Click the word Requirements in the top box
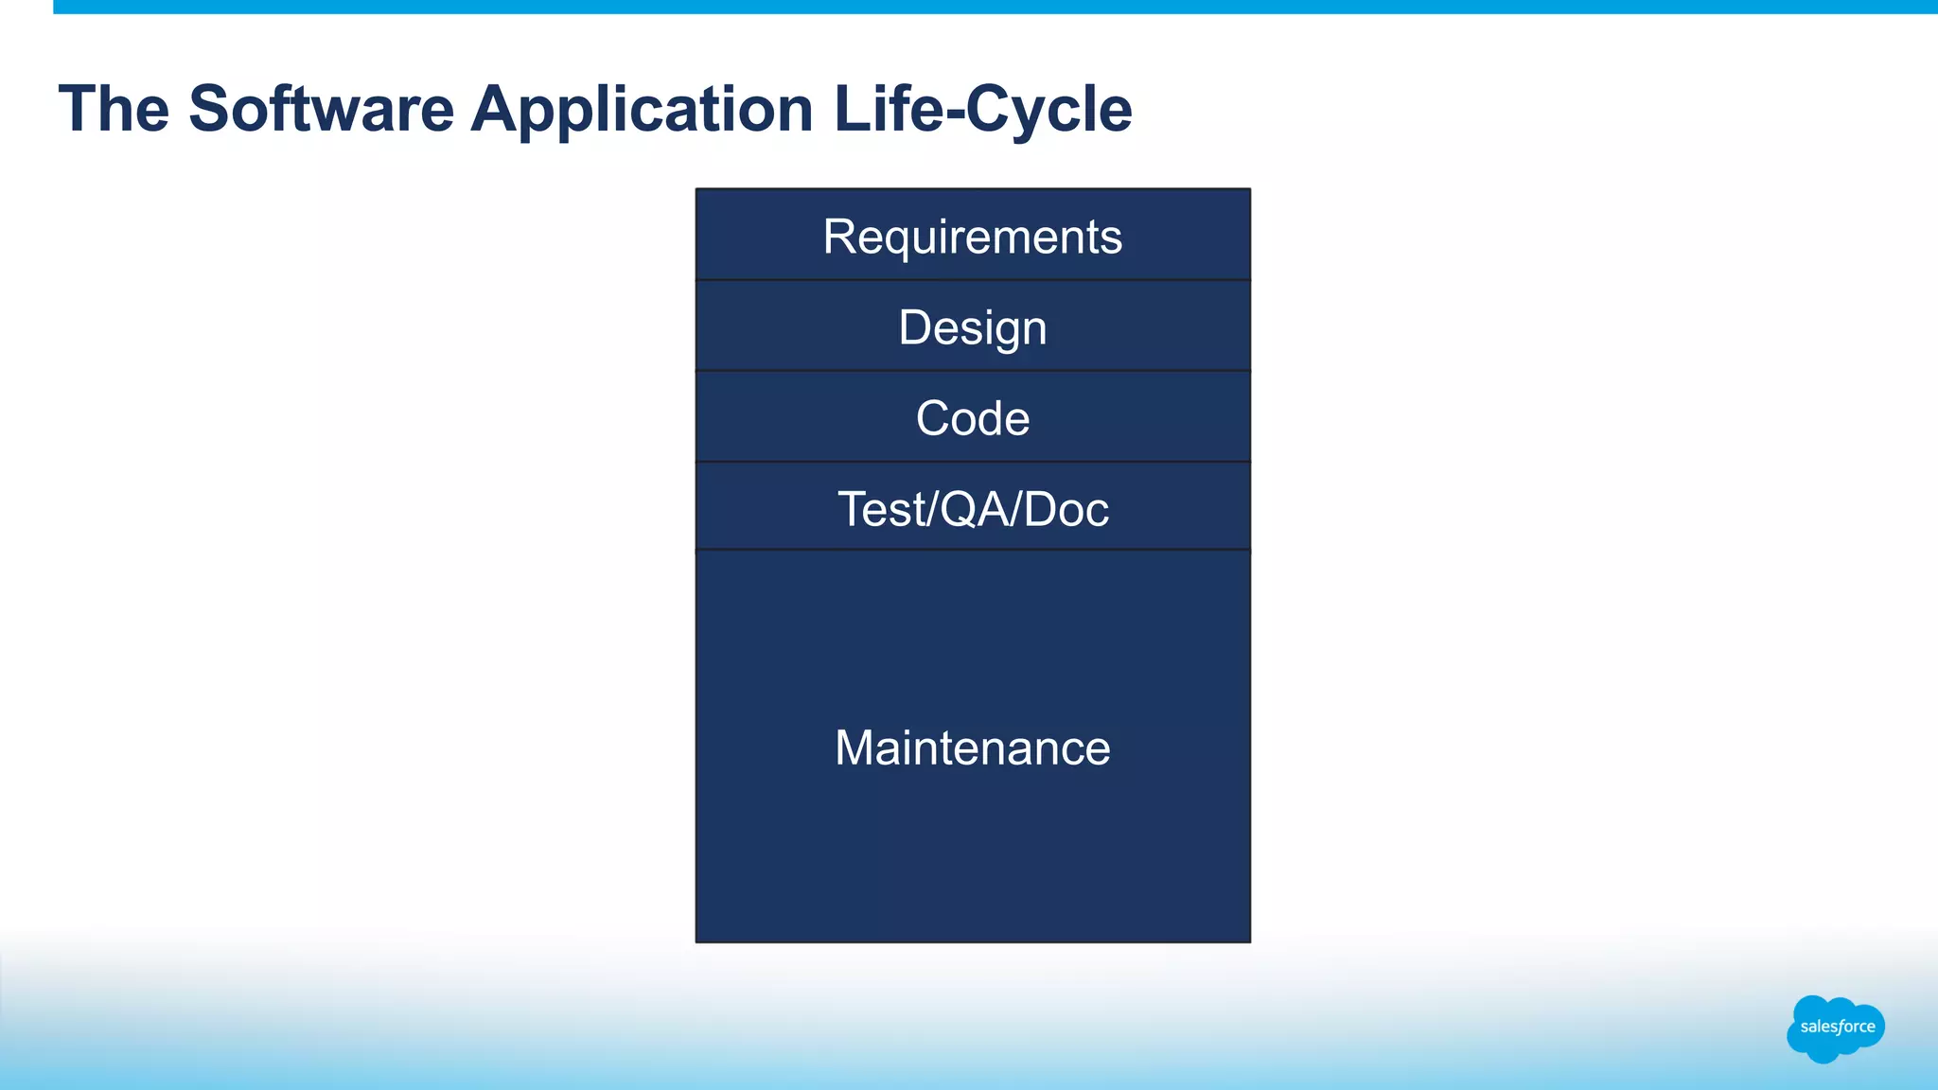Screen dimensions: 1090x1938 click(x=972, y=237)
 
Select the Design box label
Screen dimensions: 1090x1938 click(x=972, y=328)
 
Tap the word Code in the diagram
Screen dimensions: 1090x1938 click(x=972, y=418)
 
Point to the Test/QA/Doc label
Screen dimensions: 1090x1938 click(x=972, y=509)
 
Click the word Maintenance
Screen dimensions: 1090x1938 click(x=972, y=747)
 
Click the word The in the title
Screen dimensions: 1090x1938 click(x=114, y=109)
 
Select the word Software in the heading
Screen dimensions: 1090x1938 click(x=321, y=109)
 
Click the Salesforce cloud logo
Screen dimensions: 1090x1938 click(x=1835, y=1028)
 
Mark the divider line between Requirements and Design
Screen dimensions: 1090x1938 click(x=972, y=280)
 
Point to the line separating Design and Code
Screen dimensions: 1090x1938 click(x=972, y=371)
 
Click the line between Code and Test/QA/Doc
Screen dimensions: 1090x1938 click(x=972, y=462)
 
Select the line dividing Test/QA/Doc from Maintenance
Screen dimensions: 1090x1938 click(x=972, y=550)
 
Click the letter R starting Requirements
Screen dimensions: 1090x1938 click(x=840, y=237)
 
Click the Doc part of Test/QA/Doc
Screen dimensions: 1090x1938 click(x=1066, y=509)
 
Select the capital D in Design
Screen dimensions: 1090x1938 click(x=915, y=327)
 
